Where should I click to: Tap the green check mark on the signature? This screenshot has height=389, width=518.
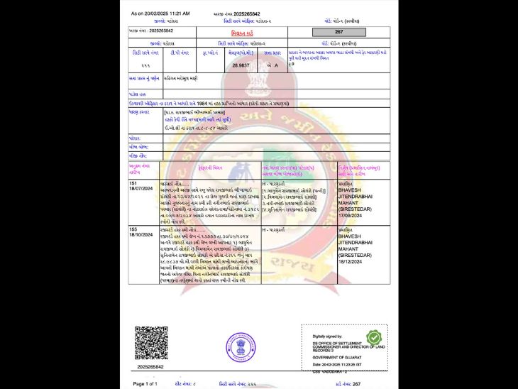pos(373,337)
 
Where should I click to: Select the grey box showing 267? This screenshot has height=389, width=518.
pos(338,32)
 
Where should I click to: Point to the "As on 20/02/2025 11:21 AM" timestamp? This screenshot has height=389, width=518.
pos(160,13)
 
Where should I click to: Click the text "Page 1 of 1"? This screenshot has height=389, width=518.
pos(145,383)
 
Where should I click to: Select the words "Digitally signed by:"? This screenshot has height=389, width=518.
pos(327,336)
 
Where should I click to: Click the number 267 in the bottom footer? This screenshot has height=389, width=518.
pos(356,383)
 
